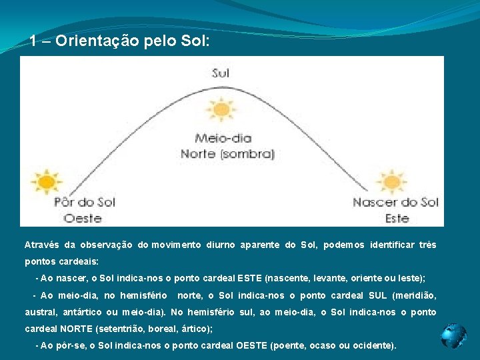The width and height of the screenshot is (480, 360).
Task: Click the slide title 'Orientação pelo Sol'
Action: coord(132,41)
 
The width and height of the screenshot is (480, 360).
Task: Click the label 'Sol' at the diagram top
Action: coord(221,73)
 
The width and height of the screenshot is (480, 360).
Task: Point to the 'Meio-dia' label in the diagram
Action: coord(223,139)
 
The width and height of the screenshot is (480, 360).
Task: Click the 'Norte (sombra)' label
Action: coord(227,153)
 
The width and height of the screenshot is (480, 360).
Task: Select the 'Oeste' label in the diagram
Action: coord(83,218)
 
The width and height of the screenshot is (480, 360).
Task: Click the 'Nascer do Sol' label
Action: coord(395,202)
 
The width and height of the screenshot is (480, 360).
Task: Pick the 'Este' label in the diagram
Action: coord(397,218)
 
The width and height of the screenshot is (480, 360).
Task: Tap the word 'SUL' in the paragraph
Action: coord(377,295)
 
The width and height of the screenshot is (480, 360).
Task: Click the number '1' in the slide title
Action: coord(33,41)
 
